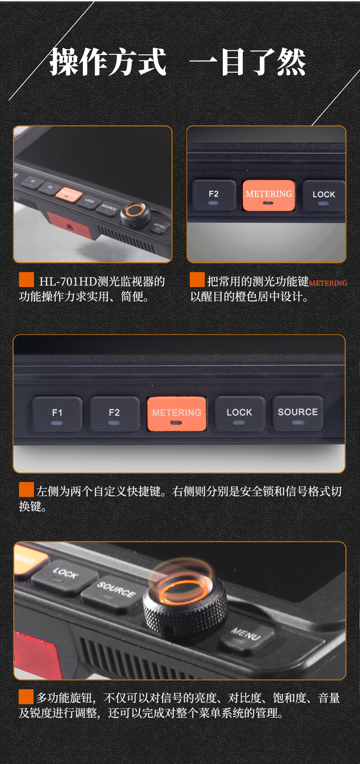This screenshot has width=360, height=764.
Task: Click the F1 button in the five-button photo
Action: click(x=57, y=414)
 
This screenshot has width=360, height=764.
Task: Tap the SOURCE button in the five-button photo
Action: click(x=298, y=413)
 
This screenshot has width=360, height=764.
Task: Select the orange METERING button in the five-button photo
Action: click(x=177, y=414)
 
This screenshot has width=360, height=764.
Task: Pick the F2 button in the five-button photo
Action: click(x=114, y=414)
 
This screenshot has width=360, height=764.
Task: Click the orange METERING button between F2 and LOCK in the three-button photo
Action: click(x=269, y=195)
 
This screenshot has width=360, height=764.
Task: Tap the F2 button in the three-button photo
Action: click(x=214, y=195)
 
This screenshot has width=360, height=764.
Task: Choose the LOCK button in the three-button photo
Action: click(x=324, y=196)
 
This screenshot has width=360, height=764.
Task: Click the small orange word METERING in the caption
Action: click(x=328, y=283)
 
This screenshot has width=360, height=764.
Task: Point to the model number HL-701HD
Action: click(x=68, y=281)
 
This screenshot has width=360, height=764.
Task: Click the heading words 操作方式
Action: click(x=108, y=62)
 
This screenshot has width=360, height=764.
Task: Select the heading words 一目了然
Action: click(x=248, y=62)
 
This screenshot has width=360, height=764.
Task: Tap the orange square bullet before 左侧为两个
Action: click(x=26, y=489)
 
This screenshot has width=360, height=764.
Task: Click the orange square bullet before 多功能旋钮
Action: click(x=26, y=696)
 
